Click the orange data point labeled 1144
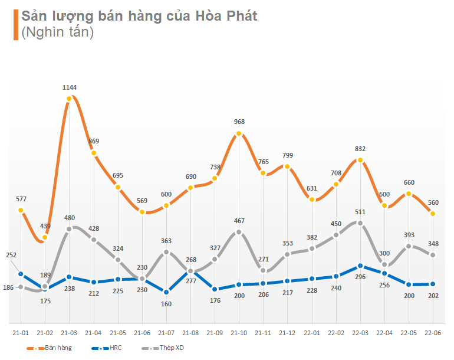coord(70,99)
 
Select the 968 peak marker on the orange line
coord(239,134)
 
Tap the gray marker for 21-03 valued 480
coord(70,228)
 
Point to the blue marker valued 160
coord(166,292)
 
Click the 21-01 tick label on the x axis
coord(21,333)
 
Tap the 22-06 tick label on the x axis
coord(433,333)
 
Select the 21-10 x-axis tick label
coord(239,333)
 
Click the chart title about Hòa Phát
coord(139,17)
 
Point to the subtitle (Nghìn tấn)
coord(58,33)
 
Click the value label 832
coord(360,149)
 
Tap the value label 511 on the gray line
coord(360,212)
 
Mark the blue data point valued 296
coord(360,266)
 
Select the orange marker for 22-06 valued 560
coord(433,214)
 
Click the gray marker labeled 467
coord(239,232)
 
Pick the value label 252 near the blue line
coord(12,256)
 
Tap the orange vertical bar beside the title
coord(15,25)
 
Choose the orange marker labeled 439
coord(45,238)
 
